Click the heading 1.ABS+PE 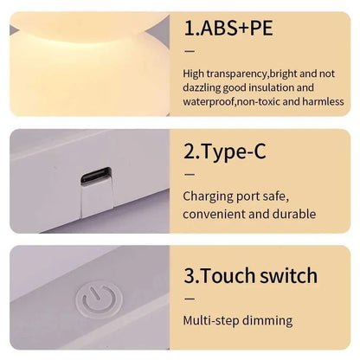tap(228, 28)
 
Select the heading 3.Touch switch tap(250, 277)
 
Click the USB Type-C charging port tap(95, 179)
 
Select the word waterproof tap(213, 101)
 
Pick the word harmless tap(320, 101)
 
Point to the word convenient tap(216, 214)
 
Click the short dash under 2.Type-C tap(190, 175)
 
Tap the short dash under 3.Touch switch tap(190, 299)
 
